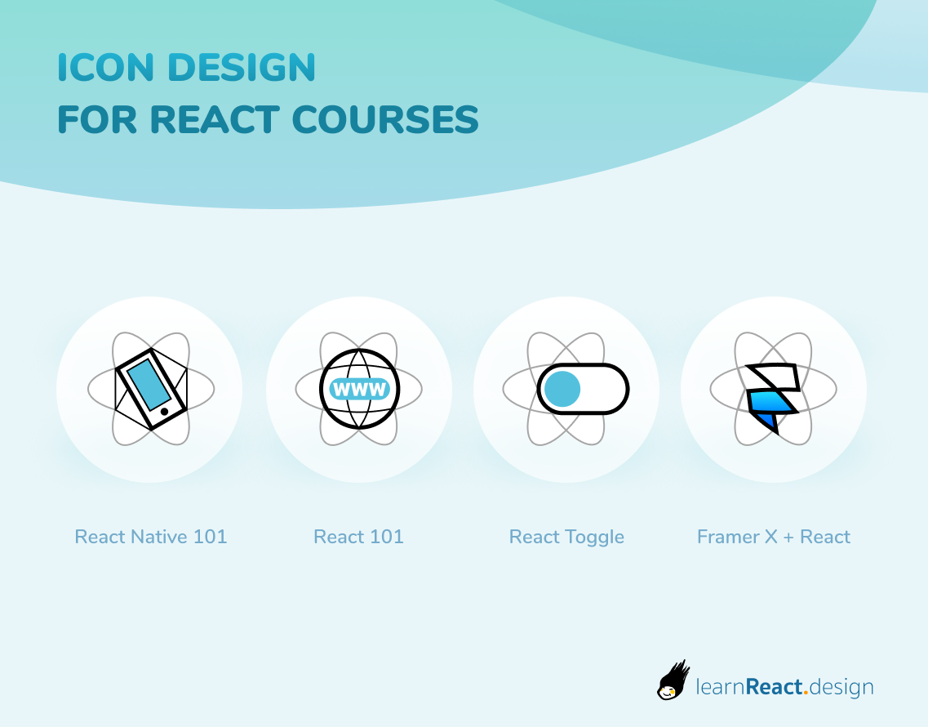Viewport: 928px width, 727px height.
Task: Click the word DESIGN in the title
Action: point(242,68)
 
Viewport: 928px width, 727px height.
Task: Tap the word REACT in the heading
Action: point(214,120)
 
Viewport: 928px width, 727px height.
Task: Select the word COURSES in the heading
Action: point(385,120)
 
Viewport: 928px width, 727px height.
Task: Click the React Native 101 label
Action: point(151,537)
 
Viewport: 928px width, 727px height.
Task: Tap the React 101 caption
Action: point(358,537)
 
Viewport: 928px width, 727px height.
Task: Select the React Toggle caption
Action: point(566,537)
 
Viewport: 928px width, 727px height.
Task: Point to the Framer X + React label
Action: point(774,537)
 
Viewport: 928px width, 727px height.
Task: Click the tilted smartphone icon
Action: point(151,389)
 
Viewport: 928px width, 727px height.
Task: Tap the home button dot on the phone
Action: point(165,412)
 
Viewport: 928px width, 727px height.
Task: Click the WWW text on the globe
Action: point(359,390)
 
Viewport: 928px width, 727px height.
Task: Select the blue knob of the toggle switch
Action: point(562,390)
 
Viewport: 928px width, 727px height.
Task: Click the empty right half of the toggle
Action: point(604,390)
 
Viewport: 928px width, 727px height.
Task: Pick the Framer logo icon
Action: point(773,398)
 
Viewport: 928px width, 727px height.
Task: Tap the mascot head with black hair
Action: point(673,680)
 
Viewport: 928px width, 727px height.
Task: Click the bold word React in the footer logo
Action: point(774,687)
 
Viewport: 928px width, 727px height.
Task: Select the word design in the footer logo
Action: point(841,688)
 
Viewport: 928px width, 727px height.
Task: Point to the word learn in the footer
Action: point(720,687)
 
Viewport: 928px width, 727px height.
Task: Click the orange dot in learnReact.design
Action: point(806,694)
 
